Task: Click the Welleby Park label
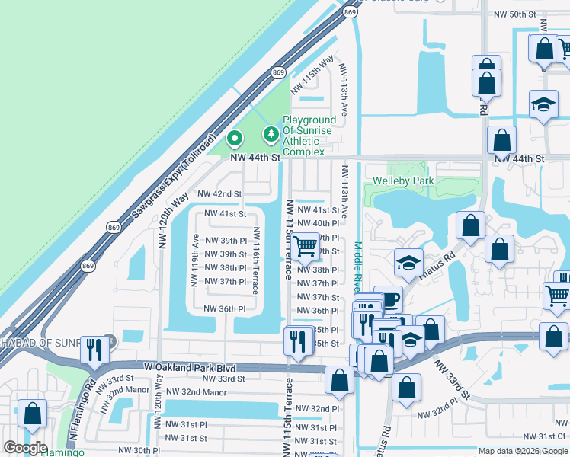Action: (403, 181)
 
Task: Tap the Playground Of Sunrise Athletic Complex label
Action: (309, 136)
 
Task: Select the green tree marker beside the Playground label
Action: (270, 135)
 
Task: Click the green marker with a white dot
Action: (234, 139)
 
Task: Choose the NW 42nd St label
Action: (219, 195)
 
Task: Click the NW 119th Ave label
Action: (195, 260)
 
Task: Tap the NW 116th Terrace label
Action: (257, 261)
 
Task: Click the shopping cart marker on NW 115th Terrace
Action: (306, 245)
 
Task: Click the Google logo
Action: (25, 448)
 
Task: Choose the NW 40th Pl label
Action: (315, 223)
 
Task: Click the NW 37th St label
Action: (315, 297)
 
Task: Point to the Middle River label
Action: (357, 267)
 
